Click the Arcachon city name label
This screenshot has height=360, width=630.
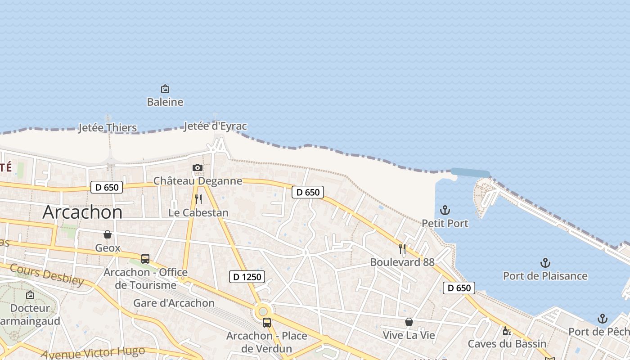click(x=82, y=212)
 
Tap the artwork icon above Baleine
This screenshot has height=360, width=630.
click(x=165, y=89)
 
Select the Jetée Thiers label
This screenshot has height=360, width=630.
click(x=108, y=128)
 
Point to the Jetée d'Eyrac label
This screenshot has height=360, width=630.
click(x=216, y=126)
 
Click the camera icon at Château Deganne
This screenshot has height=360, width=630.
click(x=197, y=168)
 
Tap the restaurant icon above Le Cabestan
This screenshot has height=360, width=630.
click(x=198, y=199)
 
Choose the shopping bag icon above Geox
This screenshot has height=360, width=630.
click(x=108, y=234)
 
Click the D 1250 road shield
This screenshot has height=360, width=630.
click(x=247, y=277)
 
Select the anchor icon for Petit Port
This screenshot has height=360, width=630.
click(x=445, y=210)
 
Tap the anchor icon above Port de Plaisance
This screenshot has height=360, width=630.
click(x=545, y=263)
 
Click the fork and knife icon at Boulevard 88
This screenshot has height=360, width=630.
click(x=402, y=249)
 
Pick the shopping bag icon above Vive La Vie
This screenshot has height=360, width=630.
click(x=409, y=322)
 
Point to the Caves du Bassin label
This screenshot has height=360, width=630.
click(x=507, y=344)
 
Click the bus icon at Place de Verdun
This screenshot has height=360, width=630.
click(x=267, y=322)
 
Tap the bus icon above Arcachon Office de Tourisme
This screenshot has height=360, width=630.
click(x=145, y=259)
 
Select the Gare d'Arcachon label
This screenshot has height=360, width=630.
click(x=174, y=303)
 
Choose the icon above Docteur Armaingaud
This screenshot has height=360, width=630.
click(x=30, y=295)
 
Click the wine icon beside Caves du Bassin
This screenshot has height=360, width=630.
click(x=507, y=331)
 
